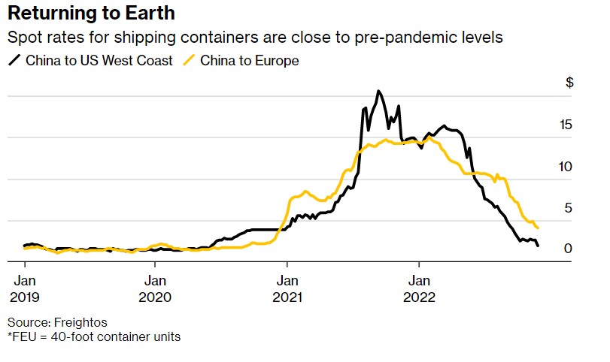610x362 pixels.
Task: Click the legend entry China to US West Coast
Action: (99, 60)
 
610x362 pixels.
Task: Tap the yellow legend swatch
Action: (192, 60)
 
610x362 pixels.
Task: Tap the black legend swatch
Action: (14, 60)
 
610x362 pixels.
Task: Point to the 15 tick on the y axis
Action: (566, 125)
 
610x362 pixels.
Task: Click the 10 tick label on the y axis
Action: (566, 166)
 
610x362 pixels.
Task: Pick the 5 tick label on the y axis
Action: (569, 208)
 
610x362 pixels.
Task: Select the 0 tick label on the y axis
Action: (569, 249)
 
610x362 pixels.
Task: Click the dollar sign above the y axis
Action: (569, 83)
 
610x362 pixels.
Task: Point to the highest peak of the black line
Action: (378, 91)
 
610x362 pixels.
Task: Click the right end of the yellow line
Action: (539, 228)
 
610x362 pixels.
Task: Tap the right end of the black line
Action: (538, 246)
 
